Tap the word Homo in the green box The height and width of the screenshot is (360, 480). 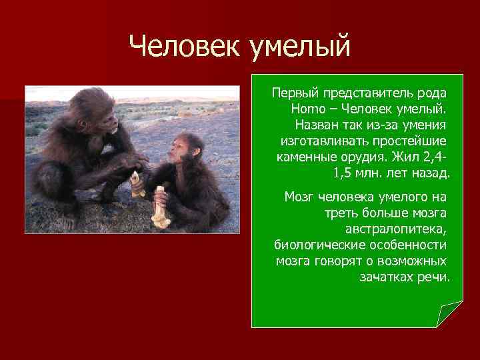click(x=306, y=108)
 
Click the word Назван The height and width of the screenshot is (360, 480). click(x=315, y=124)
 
